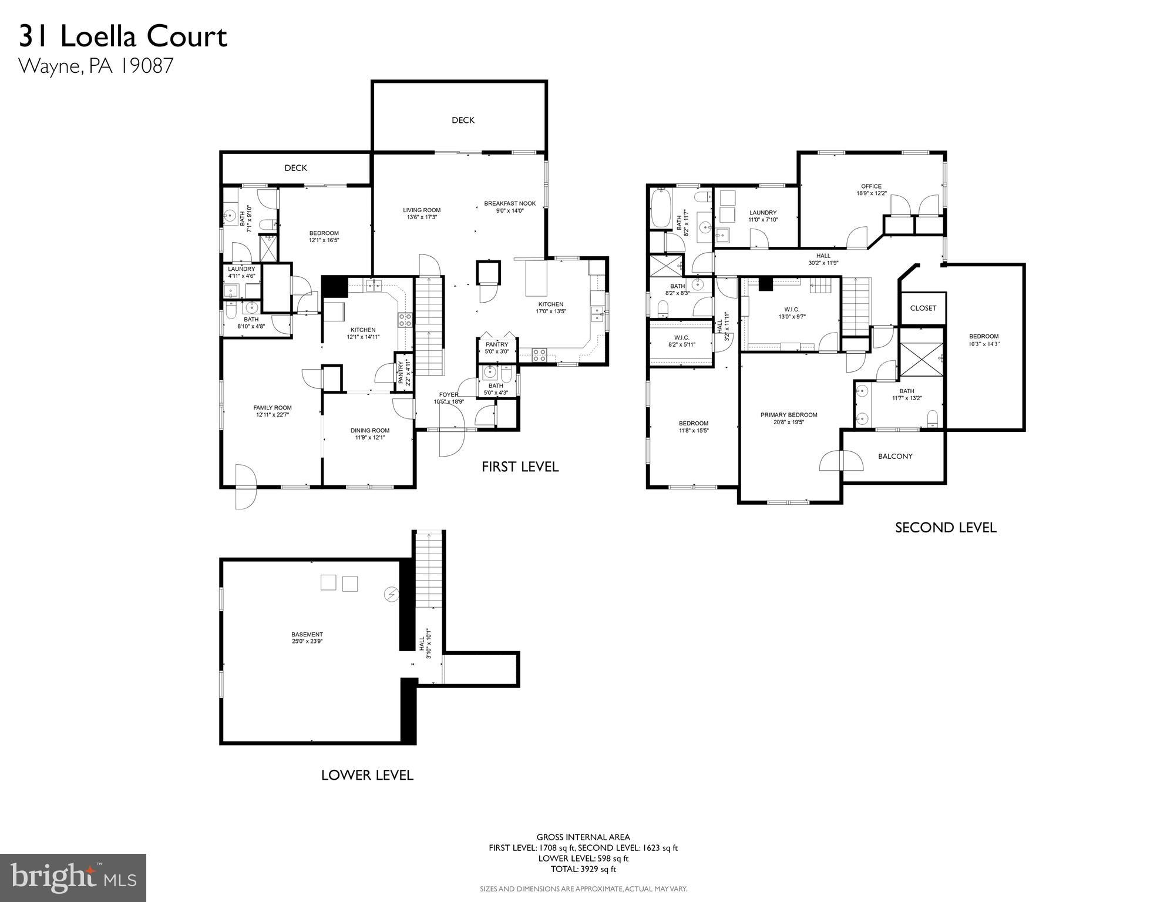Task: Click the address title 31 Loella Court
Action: tap(123, 36)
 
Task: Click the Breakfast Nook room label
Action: tap(509, 207)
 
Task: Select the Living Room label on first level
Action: tap(421, 213)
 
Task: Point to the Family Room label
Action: tap(272, 411)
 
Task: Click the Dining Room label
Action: tap(370, 433)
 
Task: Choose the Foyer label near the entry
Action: tap(449, 398)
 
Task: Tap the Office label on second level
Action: tap(871, 189)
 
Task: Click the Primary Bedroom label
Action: tap(788, 418)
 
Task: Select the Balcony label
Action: tap(894, 456)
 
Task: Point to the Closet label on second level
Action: tap(923, 308)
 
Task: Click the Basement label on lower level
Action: tap(307, 638)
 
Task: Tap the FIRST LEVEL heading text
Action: tap(520, 467)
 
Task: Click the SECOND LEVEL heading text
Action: tap(945, 528)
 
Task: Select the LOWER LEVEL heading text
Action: tap(367, 775)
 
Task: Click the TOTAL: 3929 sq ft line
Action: tap(583, 869)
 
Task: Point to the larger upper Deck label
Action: tap(463, 120)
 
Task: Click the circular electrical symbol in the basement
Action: tap(391, 595)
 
